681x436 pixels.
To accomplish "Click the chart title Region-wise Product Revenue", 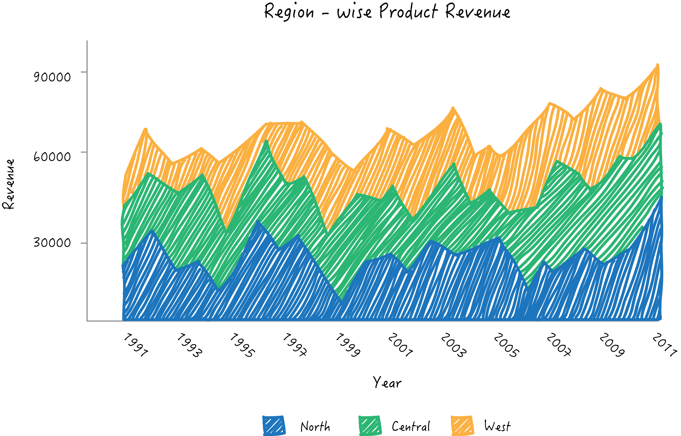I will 387,12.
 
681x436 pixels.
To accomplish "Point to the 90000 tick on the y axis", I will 52,77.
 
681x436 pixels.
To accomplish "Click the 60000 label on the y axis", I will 52,157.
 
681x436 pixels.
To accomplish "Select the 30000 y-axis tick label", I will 52,243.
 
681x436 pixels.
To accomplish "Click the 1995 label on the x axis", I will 242,345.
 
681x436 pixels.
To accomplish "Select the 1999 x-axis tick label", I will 348,345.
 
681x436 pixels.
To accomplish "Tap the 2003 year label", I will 454,345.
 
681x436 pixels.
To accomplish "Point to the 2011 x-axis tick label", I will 664,345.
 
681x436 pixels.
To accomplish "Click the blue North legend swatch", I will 274,426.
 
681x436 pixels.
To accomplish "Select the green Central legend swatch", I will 370,426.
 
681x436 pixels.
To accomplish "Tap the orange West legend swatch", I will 462,426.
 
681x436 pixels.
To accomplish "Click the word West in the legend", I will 497,426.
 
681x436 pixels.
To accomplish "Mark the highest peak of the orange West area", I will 658,66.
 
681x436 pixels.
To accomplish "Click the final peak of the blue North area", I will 661,198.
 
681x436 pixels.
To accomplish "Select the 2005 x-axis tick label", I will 506,345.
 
